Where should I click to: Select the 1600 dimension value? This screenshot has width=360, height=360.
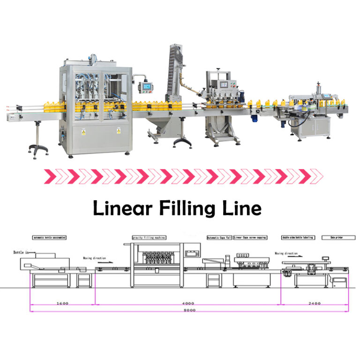pos(62,303)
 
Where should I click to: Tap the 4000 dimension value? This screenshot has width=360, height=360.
pos(187,303)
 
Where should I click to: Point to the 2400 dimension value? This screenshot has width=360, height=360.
pos(315,303)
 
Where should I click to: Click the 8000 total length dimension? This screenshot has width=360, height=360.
pos(189,310)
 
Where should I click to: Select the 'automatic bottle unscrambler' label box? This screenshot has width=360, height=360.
pos(49,238)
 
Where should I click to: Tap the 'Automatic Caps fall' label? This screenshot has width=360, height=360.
pos(219,238)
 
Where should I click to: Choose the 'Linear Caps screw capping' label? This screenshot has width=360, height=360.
pos(250,238)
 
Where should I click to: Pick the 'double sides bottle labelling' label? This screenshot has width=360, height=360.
pos(298,238)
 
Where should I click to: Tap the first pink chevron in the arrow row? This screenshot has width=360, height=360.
pos(48,177)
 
